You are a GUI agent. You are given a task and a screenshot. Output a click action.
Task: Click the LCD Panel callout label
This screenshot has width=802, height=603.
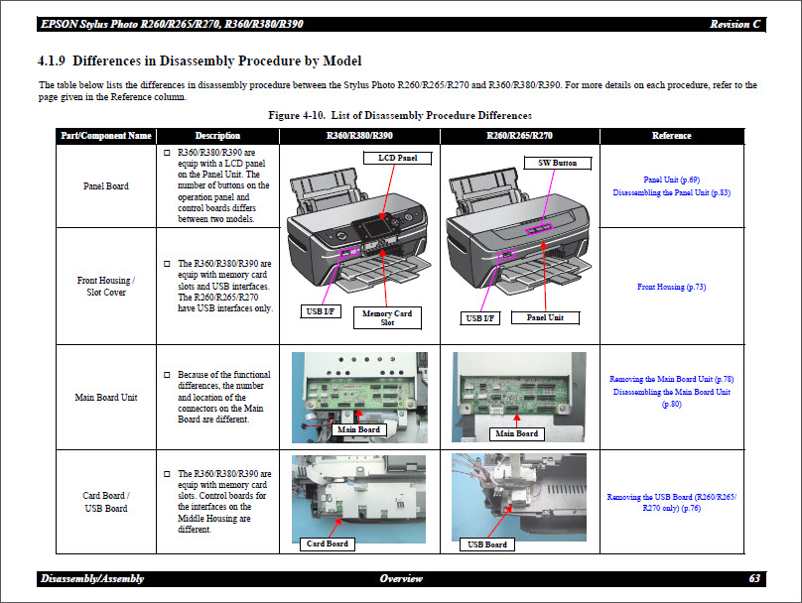point(398,158)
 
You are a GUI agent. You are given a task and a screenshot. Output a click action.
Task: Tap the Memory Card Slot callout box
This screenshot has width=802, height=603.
point(388,317)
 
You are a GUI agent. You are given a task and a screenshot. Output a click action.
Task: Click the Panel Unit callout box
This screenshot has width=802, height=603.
point(544,317)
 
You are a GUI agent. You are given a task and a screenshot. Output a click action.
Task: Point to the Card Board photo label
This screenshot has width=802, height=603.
point(327,543)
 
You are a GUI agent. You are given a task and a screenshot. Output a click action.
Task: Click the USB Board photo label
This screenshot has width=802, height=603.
point(487,544)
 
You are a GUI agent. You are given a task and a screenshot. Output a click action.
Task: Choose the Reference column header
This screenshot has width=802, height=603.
point(672,136)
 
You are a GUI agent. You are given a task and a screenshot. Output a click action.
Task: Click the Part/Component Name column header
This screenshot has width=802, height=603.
point(105,136)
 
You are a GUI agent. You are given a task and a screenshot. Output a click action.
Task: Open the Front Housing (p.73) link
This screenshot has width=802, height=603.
point(671,287)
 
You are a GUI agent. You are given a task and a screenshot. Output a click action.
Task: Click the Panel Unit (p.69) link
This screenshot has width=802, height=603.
point(671,180)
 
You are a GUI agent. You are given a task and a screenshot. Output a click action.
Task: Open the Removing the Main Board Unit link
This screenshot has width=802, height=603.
point(671,379)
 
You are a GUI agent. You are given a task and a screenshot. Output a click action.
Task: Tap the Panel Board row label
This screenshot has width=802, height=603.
point(105,185)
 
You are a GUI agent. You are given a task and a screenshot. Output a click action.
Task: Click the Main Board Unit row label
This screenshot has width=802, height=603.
point(105,398)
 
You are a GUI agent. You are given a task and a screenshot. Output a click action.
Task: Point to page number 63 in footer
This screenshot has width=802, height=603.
point(755,578)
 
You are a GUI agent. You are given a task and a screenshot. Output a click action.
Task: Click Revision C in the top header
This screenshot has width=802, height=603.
point(735,24)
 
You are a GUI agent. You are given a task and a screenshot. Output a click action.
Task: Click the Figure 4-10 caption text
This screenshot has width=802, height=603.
point(400,116)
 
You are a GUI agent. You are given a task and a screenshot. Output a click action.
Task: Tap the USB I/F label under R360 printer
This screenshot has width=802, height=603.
point(321,311)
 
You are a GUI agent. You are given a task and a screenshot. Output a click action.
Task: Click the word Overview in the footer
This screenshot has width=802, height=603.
point(400,578)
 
